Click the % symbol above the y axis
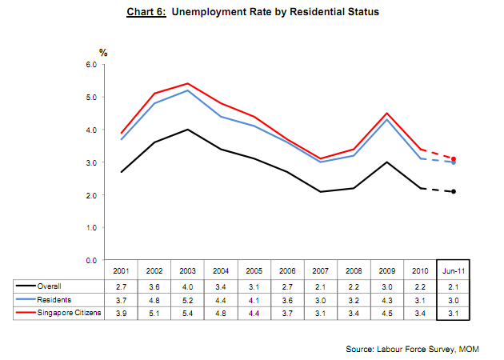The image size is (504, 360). point(102,52)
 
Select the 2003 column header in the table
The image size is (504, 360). point(187,271)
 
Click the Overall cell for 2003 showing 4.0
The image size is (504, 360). point(187,286)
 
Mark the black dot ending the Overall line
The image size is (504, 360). point(454,191)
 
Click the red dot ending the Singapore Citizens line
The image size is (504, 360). point(454,158)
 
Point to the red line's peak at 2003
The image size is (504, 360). point(187,83)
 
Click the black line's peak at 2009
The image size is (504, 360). point(386,162)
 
